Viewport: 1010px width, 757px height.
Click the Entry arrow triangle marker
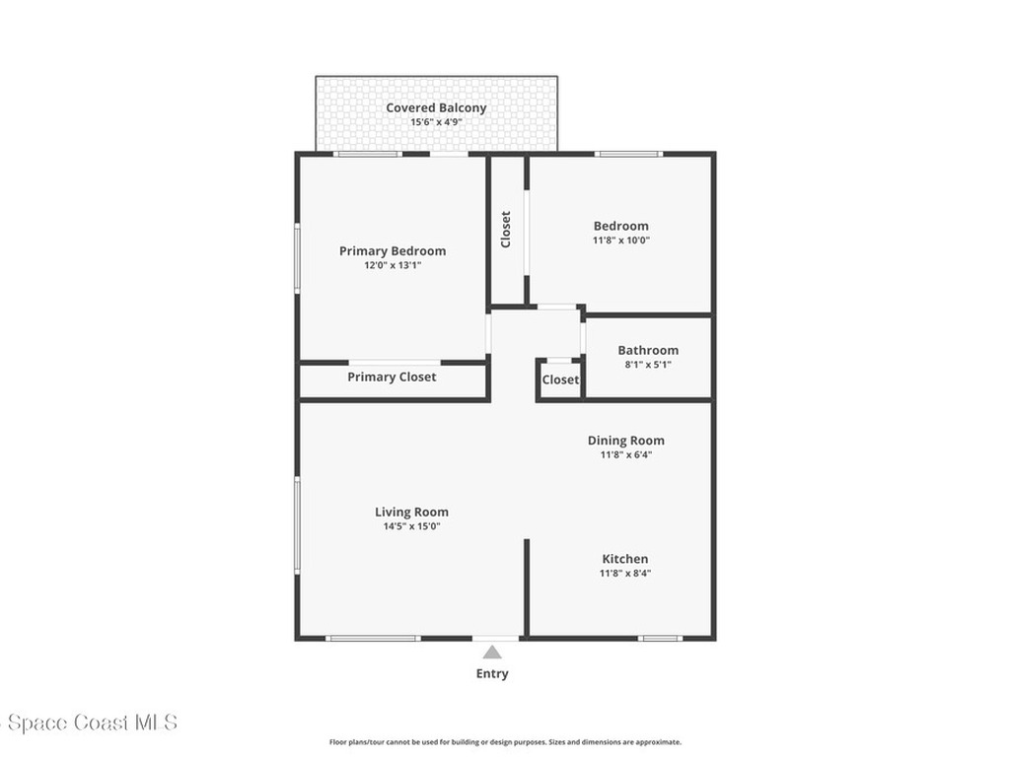point(491,652)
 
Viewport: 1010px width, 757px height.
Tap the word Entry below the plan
point(492,674)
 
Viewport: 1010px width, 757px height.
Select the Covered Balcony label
point(436,108)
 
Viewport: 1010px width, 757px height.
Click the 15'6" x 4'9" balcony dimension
point(436,123)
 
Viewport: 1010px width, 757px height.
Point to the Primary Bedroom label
point(393,251)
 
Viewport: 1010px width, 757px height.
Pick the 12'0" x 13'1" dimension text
point(393,265)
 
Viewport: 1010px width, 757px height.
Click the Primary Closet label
point(392,378)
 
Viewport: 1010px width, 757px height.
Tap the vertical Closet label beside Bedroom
point(506,229)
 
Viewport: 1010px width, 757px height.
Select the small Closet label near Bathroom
point(560,380)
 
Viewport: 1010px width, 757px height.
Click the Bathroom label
point(648,351)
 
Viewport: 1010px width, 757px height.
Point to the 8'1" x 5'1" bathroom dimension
point(648,365)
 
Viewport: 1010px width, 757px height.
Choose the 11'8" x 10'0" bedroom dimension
point(621,241)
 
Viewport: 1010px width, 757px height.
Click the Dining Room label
point(626,441)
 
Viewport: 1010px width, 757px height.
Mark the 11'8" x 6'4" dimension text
point(626,455)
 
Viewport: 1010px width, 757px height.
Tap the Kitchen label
point(625,559)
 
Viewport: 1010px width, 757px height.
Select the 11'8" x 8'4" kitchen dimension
point(625,574)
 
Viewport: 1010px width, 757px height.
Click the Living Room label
point(411,513)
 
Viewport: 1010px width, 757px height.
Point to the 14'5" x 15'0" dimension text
point(411,526)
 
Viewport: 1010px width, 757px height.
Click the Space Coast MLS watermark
point(89,723)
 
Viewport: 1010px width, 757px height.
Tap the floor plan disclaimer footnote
point(505,742)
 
